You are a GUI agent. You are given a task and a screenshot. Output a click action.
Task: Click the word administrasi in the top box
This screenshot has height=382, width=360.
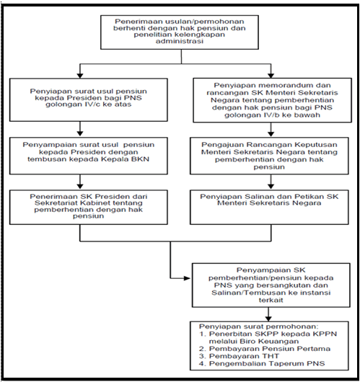coord(180,41)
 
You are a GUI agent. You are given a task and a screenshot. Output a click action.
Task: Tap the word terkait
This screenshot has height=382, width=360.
coord(271,300)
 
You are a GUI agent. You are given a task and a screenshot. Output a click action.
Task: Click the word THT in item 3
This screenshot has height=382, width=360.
coord(271,356)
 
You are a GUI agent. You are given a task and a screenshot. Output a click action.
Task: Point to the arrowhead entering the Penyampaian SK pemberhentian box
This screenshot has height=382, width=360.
coord(187,278)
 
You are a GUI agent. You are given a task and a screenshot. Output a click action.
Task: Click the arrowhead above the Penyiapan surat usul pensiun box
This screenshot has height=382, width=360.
coord(80,76)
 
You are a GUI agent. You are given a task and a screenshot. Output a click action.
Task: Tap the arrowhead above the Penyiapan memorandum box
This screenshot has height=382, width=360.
coord(271,76)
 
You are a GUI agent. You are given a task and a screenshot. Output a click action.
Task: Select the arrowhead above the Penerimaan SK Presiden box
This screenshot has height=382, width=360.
coord(80,186)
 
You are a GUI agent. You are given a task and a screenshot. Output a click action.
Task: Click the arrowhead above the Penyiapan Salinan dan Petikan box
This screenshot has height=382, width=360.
coord(271,186)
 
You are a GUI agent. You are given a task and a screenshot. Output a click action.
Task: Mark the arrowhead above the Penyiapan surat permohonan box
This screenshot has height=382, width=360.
coord(268,318)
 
